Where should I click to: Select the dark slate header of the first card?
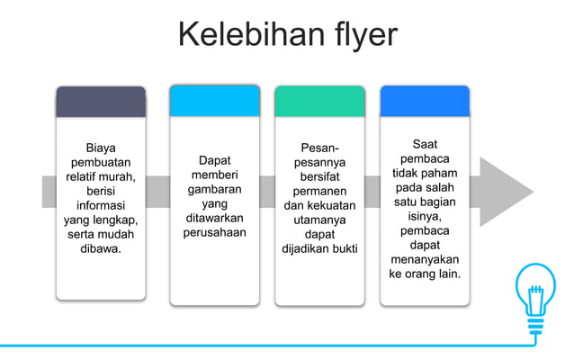pyautogui.click(x=100, y=102)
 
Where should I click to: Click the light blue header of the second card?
pyautogui.click(x=214, y=101)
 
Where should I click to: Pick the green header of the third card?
pyautogui.click(x=319, y=101)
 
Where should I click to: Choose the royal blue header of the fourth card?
pyautogui.click(x=425, y=101)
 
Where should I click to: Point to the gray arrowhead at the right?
pyautogui.click(x=504, y=191)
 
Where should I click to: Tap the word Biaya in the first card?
pyautogui.click(x=100, y=147)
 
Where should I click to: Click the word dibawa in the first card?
pyautogui.click(x=100, y=247)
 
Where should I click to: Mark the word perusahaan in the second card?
pyautogui.click(x=214, y=233)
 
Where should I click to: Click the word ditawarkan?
pyautogui.click(x=214, y=219)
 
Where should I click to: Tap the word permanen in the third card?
pyautogui.click(x=319, y=191)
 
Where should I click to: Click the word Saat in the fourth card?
pyautogui.click(x=425, y=144)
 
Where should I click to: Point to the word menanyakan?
pyautogui.click(x=425, y=259)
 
